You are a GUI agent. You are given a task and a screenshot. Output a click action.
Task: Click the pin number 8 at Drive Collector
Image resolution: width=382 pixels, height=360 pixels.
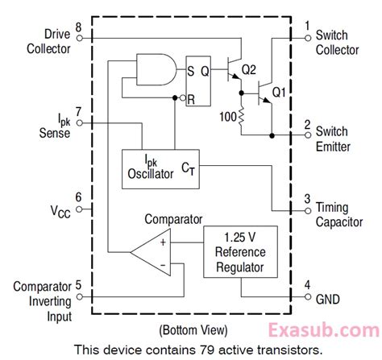pyautogui.click(x=77, y=27)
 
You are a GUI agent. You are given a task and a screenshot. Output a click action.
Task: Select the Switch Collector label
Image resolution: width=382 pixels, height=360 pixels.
pyautogui.click(x=336, y=42)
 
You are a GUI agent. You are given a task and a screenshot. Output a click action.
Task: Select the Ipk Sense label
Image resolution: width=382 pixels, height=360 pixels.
pyautogui.click(x=53, y=124)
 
